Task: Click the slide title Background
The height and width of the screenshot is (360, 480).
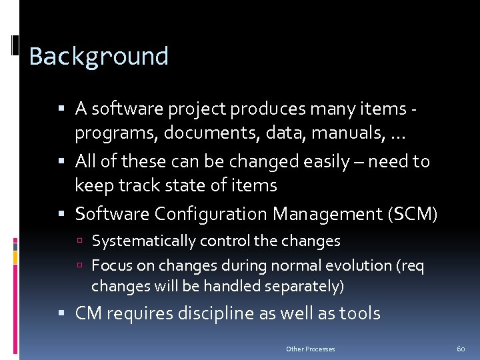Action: click(99, 57)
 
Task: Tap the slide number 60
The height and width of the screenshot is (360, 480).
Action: click(461, 349)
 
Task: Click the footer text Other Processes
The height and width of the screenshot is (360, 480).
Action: click(310, 349)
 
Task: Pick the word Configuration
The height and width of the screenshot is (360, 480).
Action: click(211, 214)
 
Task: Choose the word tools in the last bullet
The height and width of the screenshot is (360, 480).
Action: click(359, 313)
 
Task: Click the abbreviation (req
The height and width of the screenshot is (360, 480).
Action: click(410, 265)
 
